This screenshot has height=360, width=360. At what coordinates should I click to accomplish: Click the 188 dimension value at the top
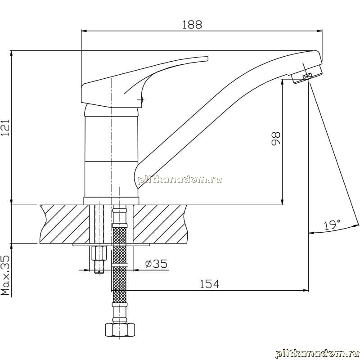pyautogui.click(x=192, y=25)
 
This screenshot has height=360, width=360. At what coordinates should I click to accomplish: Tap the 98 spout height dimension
pyautogui.click(x=276, y=138)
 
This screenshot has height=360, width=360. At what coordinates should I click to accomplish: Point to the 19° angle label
pyautogui.click(x=332, y=225)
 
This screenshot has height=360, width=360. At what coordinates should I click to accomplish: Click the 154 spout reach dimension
pyautogui.click(x=209, y=284)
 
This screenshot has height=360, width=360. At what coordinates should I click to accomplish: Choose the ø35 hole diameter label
pyautogui.click(x=156, y=264)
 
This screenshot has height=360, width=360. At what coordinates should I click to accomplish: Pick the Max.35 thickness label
pyautogui.click(x=5, y=275)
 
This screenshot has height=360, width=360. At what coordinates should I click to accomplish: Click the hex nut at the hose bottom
pyautogui.click(x=120, y=330)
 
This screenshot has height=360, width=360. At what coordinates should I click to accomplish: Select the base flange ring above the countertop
pyautogui.click(x=111, y=201)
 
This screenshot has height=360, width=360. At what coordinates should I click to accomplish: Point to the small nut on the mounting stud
pyautogui.click(x=99, y=253)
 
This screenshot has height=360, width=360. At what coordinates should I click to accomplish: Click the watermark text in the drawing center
pyautogui.click(x=180, y=179)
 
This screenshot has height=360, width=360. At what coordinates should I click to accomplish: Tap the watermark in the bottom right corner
pyautogui.click(x=317, y=354)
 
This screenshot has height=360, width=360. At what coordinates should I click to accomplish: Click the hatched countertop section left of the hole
pyautogui.click(x=64, y=224)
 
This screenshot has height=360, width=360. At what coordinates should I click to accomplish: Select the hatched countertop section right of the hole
pyautogui.click(x=160, y=224)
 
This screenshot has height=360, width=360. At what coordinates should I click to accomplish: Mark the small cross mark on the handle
pyautogui.click(x=140, y=100)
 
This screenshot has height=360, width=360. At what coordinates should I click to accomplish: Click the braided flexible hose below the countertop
pyautogui.click(x=120, y=264)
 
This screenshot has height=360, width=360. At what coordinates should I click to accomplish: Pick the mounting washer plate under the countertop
pyautogui.click(x=111, y=244)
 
